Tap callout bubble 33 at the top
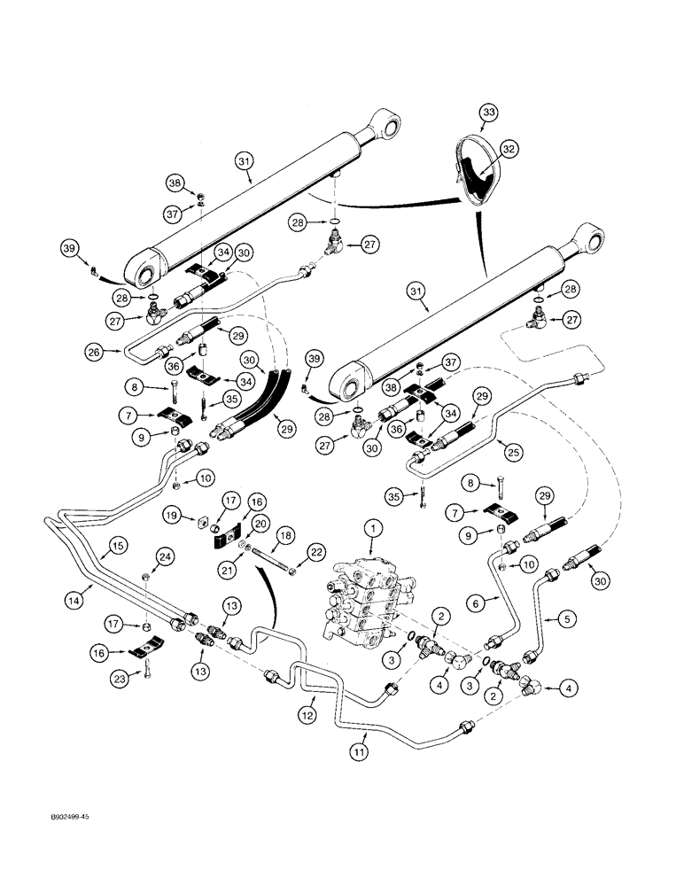(x=488, y=113)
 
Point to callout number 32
(x=509, y=150)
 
